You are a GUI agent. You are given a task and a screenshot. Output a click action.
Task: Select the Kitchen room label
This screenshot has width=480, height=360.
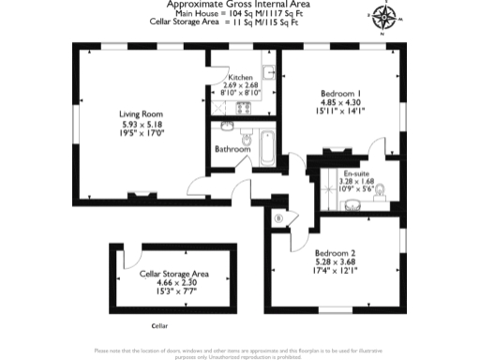[x=240, y=77]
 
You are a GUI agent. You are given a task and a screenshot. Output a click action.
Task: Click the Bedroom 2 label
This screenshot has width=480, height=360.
[x=335, y=254]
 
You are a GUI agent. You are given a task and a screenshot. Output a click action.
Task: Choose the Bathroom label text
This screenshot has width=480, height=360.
[x=232, y=149]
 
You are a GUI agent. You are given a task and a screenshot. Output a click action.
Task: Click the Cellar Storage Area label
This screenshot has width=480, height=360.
[x=174, y=274]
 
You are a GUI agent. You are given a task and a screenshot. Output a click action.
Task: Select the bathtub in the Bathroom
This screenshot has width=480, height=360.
[x=266, y=146]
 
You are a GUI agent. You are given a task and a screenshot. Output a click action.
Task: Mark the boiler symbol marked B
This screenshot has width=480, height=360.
[x=278, y=219]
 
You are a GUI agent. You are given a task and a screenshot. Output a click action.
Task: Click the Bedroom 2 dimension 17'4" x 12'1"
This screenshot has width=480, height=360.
[x=335, y=272]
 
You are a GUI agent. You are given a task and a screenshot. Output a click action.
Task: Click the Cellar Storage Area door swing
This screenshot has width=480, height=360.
[x=135, y=253]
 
